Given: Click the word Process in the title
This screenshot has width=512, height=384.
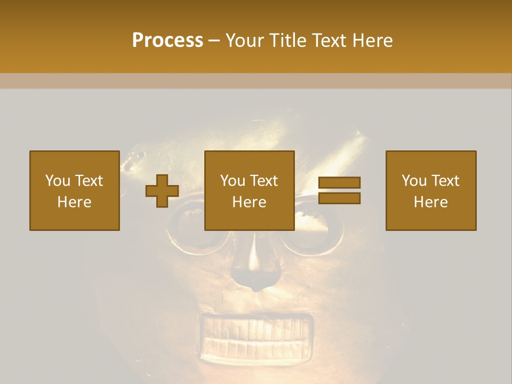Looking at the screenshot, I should tap(167, 41).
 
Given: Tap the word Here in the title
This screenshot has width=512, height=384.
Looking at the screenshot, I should tap(371, 41).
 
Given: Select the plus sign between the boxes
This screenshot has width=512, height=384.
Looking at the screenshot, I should tap(162, 190).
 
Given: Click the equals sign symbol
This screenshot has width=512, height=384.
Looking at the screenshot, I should tap(339, 190).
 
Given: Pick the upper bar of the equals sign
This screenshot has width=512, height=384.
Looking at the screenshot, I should tap(339, 183).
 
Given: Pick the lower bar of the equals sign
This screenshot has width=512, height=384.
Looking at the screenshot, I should tap(339, 198).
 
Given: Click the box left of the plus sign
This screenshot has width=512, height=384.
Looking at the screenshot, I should tap(74, 190).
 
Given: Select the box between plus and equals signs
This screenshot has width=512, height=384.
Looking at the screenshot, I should tap(249, 190).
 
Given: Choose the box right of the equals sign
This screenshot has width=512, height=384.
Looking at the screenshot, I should tap(430, 190).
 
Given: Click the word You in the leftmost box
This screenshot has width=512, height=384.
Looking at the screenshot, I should tap(58, 180).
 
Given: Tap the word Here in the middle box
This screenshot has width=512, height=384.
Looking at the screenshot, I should tap(249, 202).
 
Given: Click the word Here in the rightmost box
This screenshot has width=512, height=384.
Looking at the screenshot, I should tap(430, 202).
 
